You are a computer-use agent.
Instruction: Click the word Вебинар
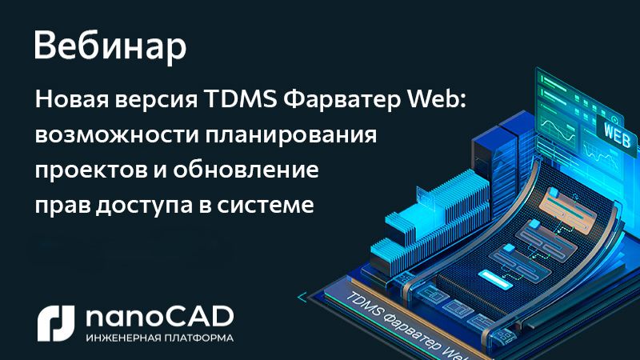[x=110, y=47]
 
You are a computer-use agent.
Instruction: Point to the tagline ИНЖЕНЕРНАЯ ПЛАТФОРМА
[x=159, y=338]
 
